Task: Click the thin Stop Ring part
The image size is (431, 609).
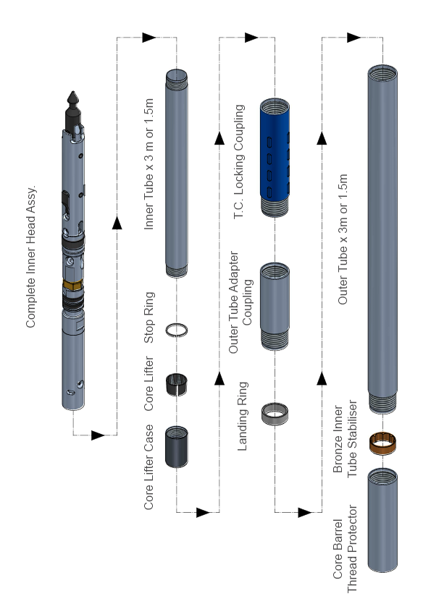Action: coord(177,329)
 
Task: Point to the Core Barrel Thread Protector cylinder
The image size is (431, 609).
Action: coord(383,519)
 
